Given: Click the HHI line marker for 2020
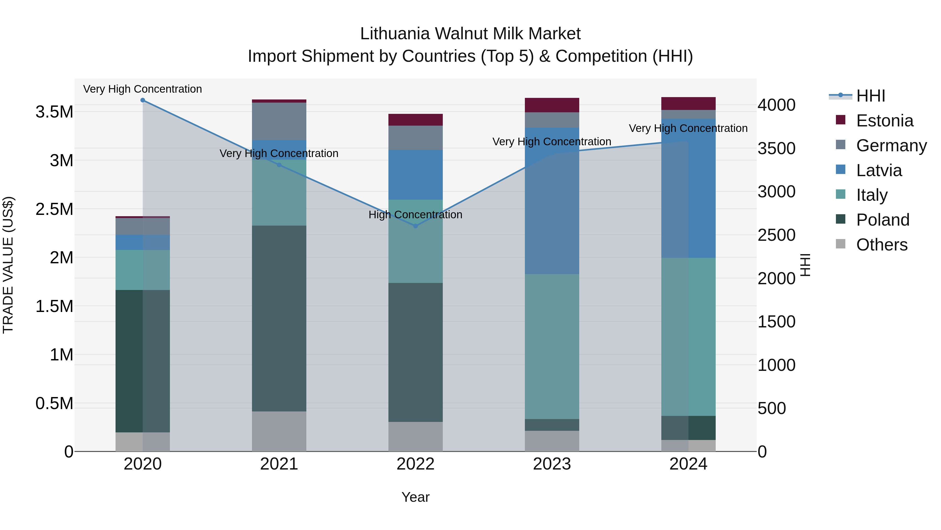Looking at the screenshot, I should pos(143,100).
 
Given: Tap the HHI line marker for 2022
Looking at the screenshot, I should pos(415,226).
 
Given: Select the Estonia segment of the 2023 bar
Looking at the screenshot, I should pos(552,105).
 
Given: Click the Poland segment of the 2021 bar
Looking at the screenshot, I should pos(279,318).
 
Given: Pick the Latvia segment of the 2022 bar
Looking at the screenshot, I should pos(415,175).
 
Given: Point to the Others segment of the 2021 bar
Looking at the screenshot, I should pos(279,431).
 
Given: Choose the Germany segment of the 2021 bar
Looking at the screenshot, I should pos(279,121).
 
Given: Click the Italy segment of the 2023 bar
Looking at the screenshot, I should pos(552,346).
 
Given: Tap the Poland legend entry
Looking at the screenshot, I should pos(882,220).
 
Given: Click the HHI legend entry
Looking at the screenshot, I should pos(870,96).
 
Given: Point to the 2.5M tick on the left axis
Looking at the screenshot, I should pos(54,209).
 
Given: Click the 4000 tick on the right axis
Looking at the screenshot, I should pos(776,105).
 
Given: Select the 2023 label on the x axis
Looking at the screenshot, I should pos(552,464).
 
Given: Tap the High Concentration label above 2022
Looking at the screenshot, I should pos(415,215).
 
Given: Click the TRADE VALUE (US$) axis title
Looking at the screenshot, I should pos(8,265).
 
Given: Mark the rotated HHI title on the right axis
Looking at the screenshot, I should pos(805,265).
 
